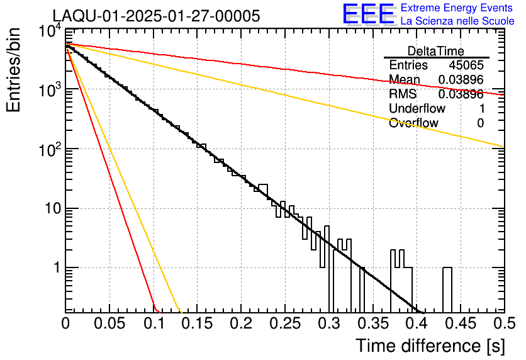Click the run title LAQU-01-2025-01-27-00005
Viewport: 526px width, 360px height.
tap(156, 16)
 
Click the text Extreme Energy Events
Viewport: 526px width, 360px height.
tap(457, 8)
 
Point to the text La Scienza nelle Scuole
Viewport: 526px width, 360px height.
tap(457, 21)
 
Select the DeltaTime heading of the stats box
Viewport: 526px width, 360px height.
tap(436, 51)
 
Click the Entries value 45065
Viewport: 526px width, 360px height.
tap(466, 65)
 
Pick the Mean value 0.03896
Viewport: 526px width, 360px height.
tap(461, 80)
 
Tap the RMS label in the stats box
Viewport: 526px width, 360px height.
tap(402, 94)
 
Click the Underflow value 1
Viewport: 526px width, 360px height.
tap(481, 109)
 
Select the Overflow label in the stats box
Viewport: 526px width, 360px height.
tap(413, 123)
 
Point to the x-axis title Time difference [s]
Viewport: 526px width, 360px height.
tap(429, 346)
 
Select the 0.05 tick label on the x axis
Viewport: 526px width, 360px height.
tap(110, 323)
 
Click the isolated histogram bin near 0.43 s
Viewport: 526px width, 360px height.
tap(447, 290)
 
